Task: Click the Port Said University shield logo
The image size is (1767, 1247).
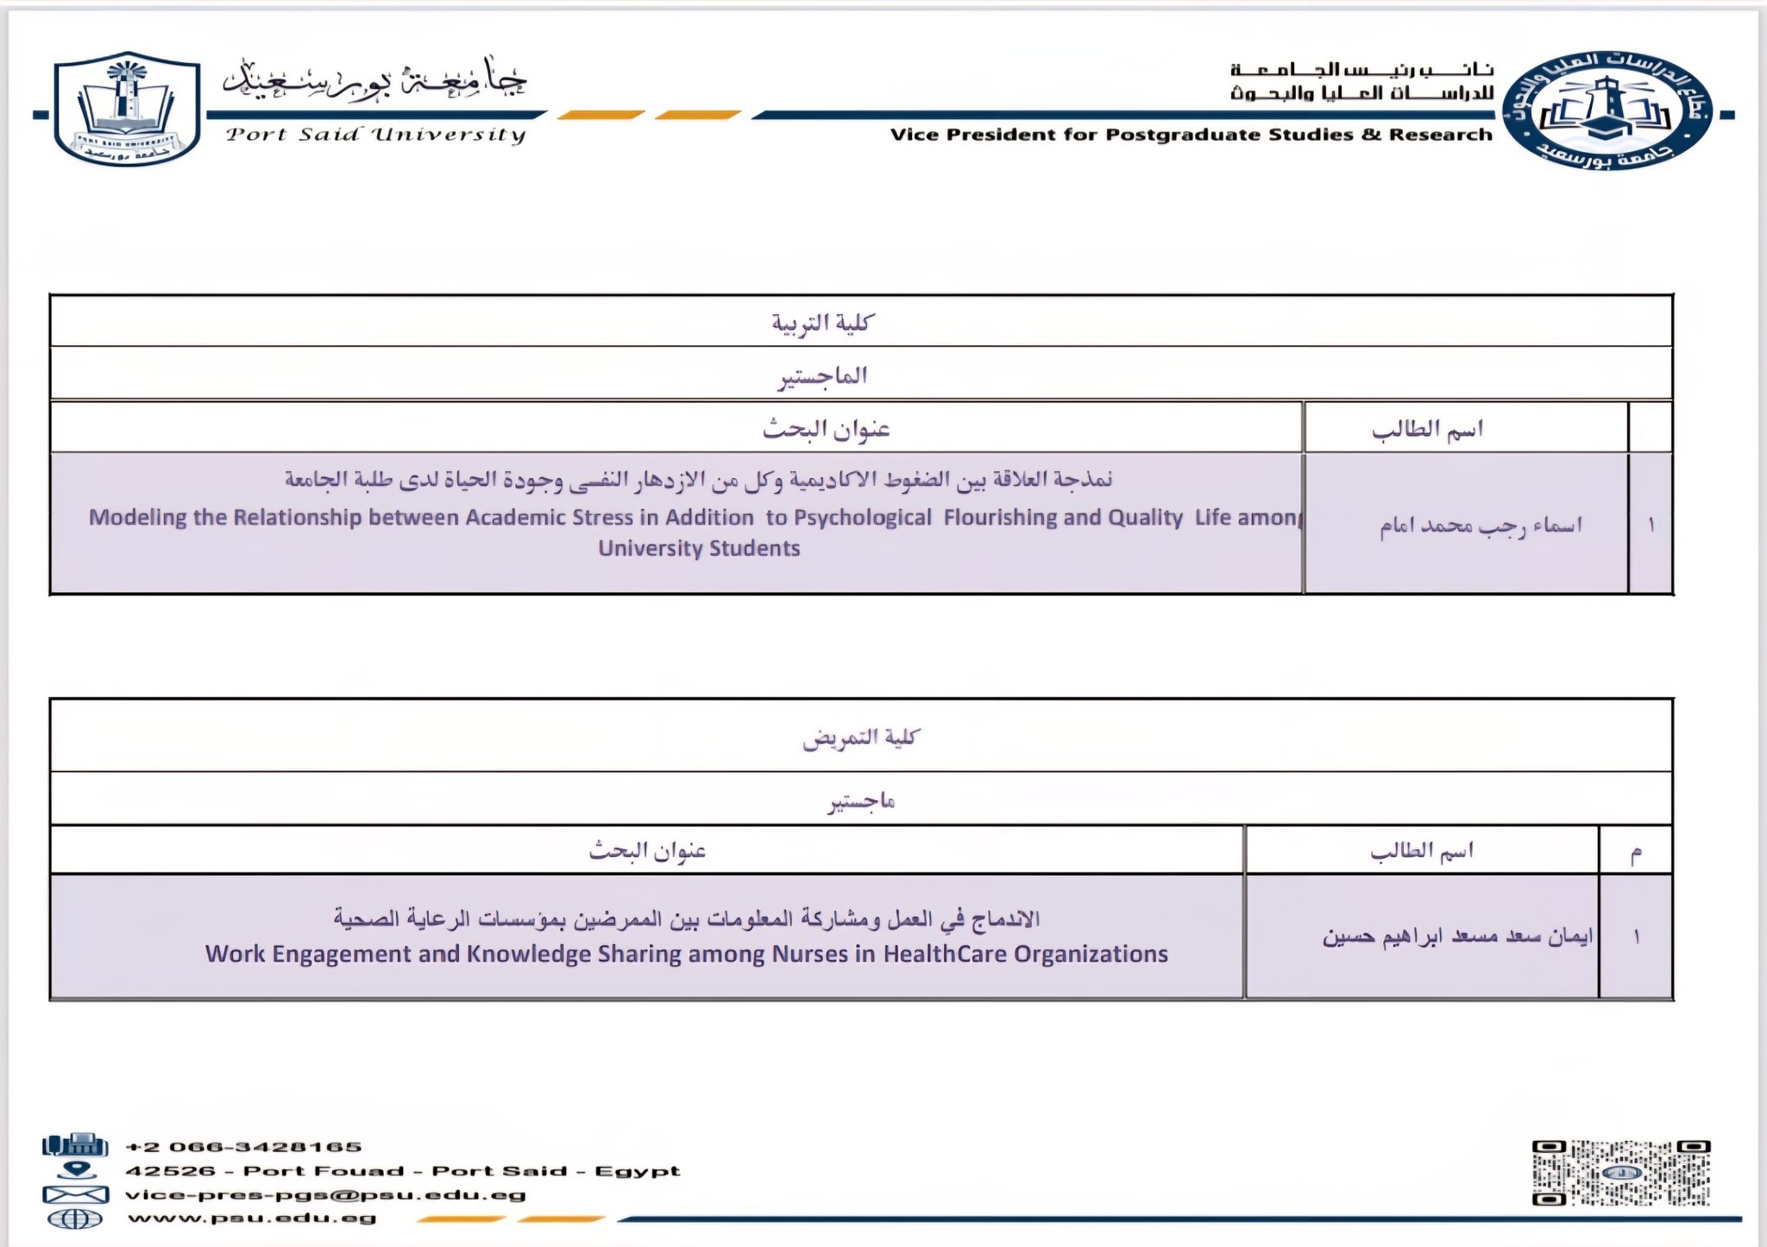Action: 127,109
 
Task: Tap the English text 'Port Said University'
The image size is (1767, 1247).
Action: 375,135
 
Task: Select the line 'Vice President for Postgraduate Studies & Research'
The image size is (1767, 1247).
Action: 1191,135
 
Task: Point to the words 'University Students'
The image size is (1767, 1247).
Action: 699,549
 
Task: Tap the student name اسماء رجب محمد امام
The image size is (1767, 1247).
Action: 1481,526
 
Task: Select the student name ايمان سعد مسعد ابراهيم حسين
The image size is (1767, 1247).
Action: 1458,936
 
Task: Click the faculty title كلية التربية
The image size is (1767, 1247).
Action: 822,323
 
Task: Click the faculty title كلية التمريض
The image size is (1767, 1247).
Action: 860,738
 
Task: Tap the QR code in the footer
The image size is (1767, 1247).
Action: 1620,1173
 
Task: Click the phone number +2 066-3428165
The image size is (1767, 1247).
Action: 243,1147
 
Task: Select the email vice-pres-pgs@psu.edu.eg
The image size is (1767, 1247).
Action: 325,1195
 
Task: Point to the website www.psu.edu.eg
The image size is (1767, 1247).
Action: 252,1219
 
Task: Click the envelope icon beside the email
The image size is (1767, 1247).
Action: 75,1195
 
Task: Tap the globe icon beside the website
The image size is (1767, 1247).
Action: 75,1219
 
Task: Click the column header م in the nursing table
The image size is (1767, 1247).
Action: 1635,853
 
